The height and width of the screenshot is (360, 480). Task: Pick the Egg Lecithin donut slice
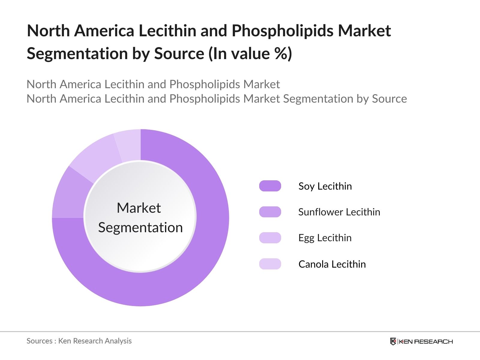[x=94, y=156]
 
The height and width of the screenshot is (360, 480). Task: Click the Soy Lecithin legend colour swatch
[x=270, y=186]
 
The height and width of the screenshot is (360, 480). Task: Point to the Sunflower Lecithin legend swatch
[x=270, y=212]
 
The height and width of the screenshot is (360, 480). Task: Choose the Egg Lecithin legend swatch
[x=270, y=238]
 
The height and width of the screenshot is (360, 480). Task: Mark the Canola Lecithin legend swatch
[x=270, y=264]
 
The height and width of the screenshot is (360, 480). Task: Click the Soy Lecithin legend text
[x=325, y=186]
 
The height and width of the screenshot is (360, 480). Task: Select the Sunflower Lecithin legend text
[x=339, y=212]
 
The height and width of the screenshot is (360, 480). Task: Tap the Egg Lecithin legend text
[x=325, y=238]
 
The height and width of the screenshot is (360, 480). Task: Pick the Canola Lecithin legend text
[x=332, y=264]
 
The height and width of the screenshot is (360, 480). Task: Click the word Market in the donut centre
[x=139, y=208]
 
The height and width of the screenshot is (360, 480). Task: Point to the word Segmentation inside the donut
[x=140, y=227]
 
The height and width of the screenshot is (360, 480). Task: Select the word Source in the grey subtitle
[x=389, y=99]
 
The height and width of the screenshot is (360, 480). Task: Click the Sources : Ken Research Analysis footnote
[x=79, y=341]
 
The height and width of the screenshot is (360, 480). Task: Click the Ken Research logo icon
[x=393, y=341]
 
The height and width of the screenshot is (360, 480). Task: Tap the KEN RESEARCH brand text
[x=426, y=341]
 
